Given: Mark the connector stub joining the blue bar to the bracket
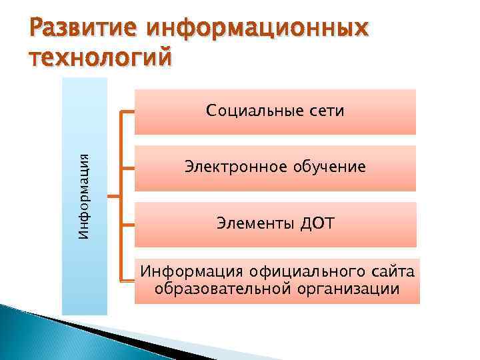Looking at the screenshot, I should [113, 197].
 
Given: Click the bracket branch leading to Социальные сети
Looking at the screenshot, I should [128, 111].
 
